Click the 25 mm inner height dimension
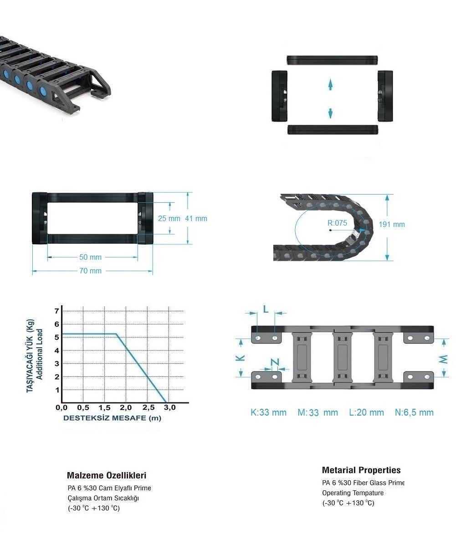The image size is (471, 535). pyautogui.click(x=169, y=218)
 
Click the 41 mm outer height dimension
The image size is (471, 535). pyautogui.click(x=196, y=218)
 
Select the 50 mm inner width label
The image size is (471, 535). pyautogui.click(x=90, y=257)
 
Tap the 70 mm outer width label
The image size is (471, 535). pyautogui.click(x=90, y=271)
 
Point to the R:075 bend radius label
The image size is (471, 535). pyautogui.click(x=337, y=223)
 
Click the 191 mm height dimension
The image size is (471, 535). pyautogui.click(x=392, y=225)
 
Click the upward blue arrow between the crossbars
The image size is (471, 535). pyautogui.click(x=330, y=84)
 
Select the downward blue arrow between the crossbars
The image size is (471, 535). pyautogui.click(x=330, y=113)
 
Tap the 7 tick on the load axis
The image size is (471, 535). pyautogui.click(x=57, y=311)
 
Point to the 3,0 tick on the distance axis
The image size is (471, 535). pyautogui.click(x=169, y=407)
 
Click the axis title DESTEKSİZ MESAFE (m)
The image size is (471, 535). pyautogui.click(x=112, y=418)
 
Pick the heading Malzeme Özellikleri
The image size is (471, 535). pyautogui.click(x=107, y=476)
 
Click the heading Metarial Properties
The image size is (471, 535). pyautogui.click(x=361, y=470)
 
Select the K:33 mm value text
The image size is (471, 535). pyautogui.click(x=268, y=412)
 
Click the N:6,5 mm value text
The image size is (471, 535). pyautogui.click(x=414, y=412)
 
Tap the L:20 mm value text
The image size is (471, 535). pyautogui.click(x=366, y=412)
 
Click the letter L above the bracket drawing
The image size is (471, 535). pyautogui.click(x=266, y=309)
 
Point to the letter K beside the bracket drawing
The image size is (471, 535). pyautogui.click(x=241, y=358)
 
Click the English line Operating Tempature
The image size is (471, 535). pyautogui.click(x=353, y=493)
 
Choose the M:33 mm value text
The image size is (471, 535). pyautogui.click(x=317, y=412)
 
